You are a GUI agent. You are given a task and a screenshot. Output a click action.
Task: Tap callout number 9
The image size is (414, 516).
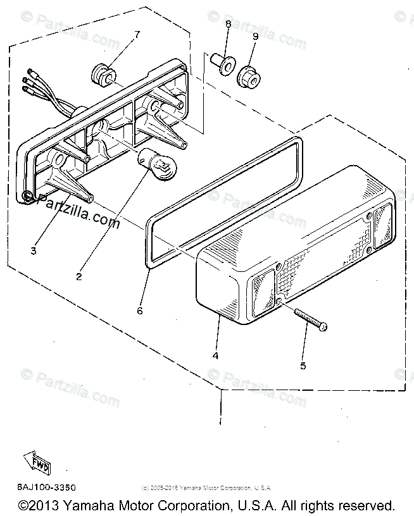pyautogui.click(x=255, y=37)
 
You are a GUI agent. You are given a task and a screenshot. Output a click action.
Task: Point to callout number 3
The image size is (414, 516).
pyautogui.click(x=33, y=251)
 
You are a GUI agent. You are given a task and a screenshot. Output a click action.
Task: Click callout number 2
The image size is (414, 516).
pyautogui.click(x=79, y=276)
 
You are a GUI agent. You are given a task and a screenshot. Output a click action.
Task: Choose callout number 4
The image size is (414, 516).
pyautogui.click(x=215, y=356)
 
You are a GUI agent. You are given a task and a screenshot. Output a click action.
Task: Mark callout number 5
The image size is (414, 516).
pyautogui.click(x=303, y=365)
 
